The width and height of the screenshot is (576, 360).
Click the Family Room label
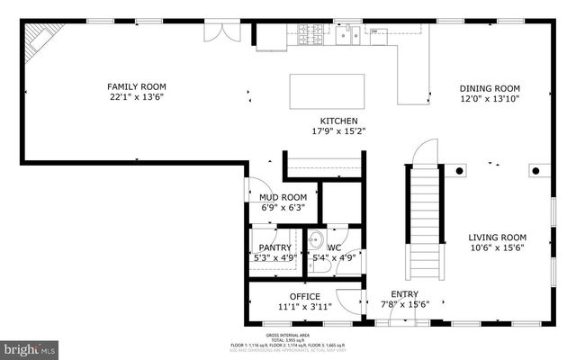click(x=137, y=85)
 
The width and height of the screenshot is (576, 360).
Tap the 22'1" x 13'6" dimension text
click(x=137, y=96)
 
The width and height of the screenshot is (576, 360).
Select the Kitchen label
click(x=339, y=121)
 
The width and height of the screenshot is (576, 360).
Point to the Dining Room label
click(x=490, y=88)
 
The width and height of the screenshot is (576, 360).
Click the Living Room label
click(x=497, y=238)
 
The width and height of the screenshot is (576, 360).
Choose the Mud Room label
click(x=283, y=196)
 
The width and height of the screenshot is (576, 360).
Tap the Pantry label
click(x=275, y=247)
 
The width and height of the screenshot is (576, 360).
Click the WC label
click(x=334, y=247)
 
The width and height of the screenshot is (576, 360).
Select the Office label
click(x=304, y=296)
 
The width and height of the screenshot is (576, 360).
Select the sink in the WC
click(x=316, y=242)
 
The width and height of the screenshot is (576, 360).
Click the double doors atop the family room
click(x=220, y=32)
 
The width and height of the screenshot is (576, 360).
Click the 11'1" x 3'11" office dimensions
click(x=304, y=307)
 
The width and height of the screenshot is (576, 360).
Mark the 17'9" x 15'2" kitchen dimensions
click(x=339, y=131)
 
